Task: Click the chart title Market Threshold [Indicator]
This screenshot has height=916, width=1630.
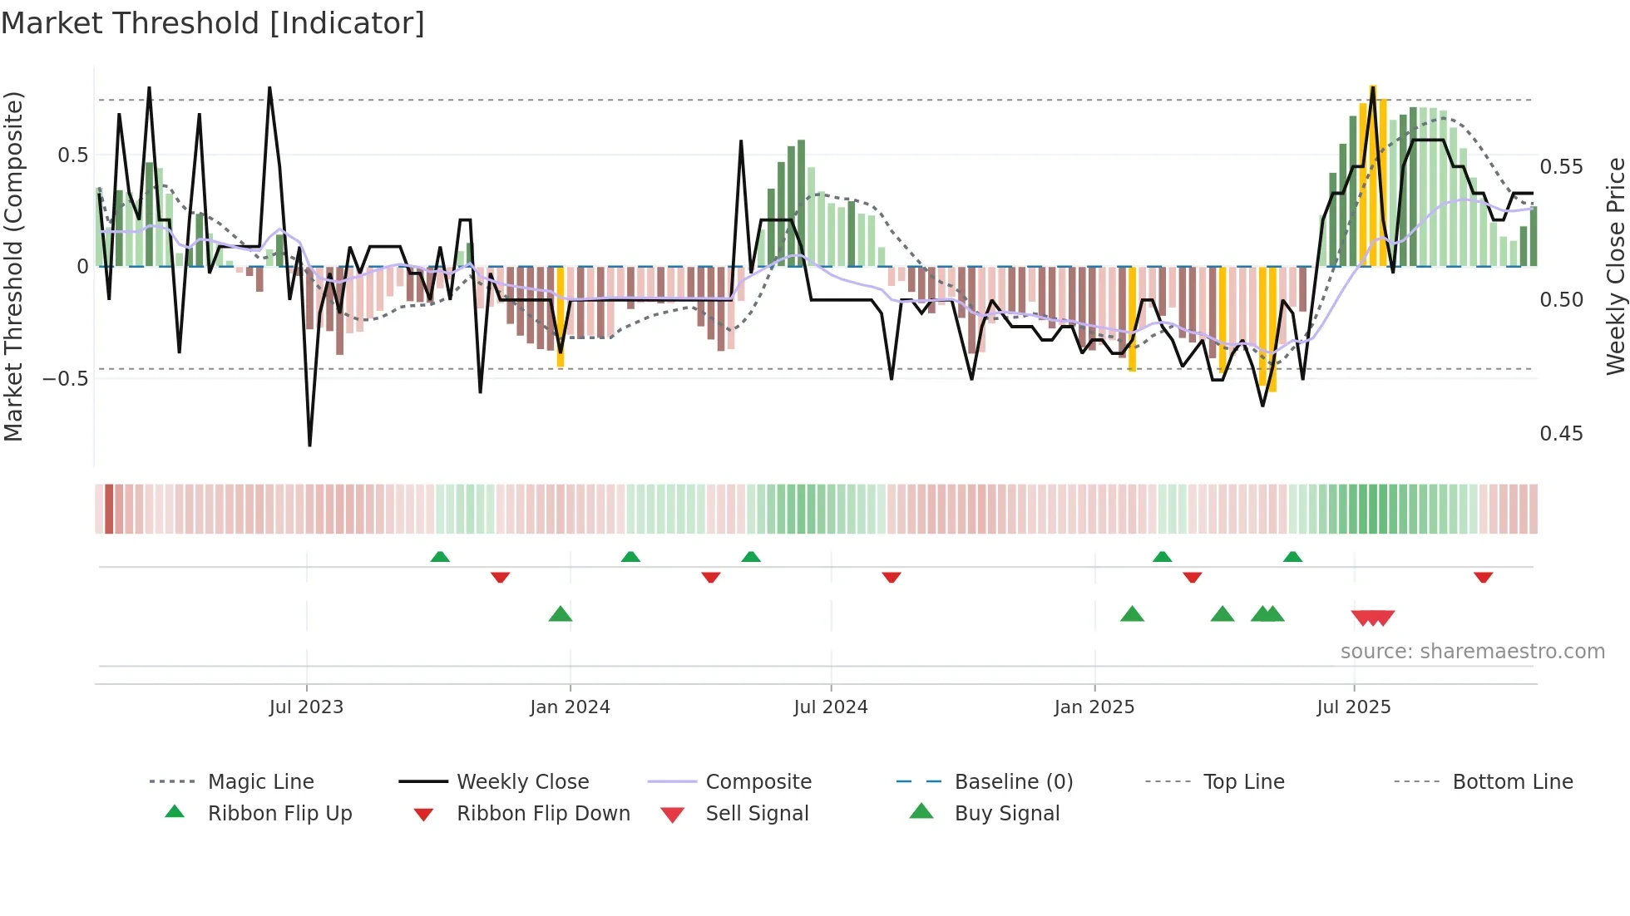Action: click(213, 23)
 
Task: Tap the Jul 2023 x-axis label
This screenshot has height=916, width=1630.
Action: click(306, 707)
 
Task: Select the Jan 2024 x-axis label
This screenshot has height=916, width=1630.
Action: click(570, 707)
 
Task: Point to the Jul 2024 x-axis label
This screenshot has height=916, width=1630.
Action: click(830, 707)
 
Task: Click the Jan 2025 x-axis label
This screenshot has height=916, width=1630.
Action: click(1094, 707)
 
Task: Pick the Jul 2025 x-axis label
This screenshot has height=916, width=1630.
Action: click(1353, 707)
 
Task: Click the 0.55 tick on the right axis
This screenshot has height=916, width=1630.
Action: click(1561, 167)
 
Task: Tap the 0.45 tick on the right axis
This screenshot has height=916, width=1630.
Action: click(1561, 434)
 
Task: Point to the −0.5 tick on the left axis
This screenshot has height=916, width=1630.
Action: click(65, 379)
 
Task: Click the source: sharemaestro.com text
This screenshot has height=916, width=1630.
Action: click(1472, 652)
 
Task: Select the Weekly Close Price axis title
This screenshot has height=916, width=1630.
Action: click(1615, 266)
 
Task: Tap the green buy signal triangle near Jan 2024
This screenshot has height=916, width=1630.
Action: click(561, 614)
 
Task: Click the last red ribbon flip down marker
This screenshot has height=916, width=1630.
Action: click(1483, 577)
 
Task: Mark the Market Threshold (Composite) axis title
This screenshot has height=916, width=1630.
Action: click(13, 266)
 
